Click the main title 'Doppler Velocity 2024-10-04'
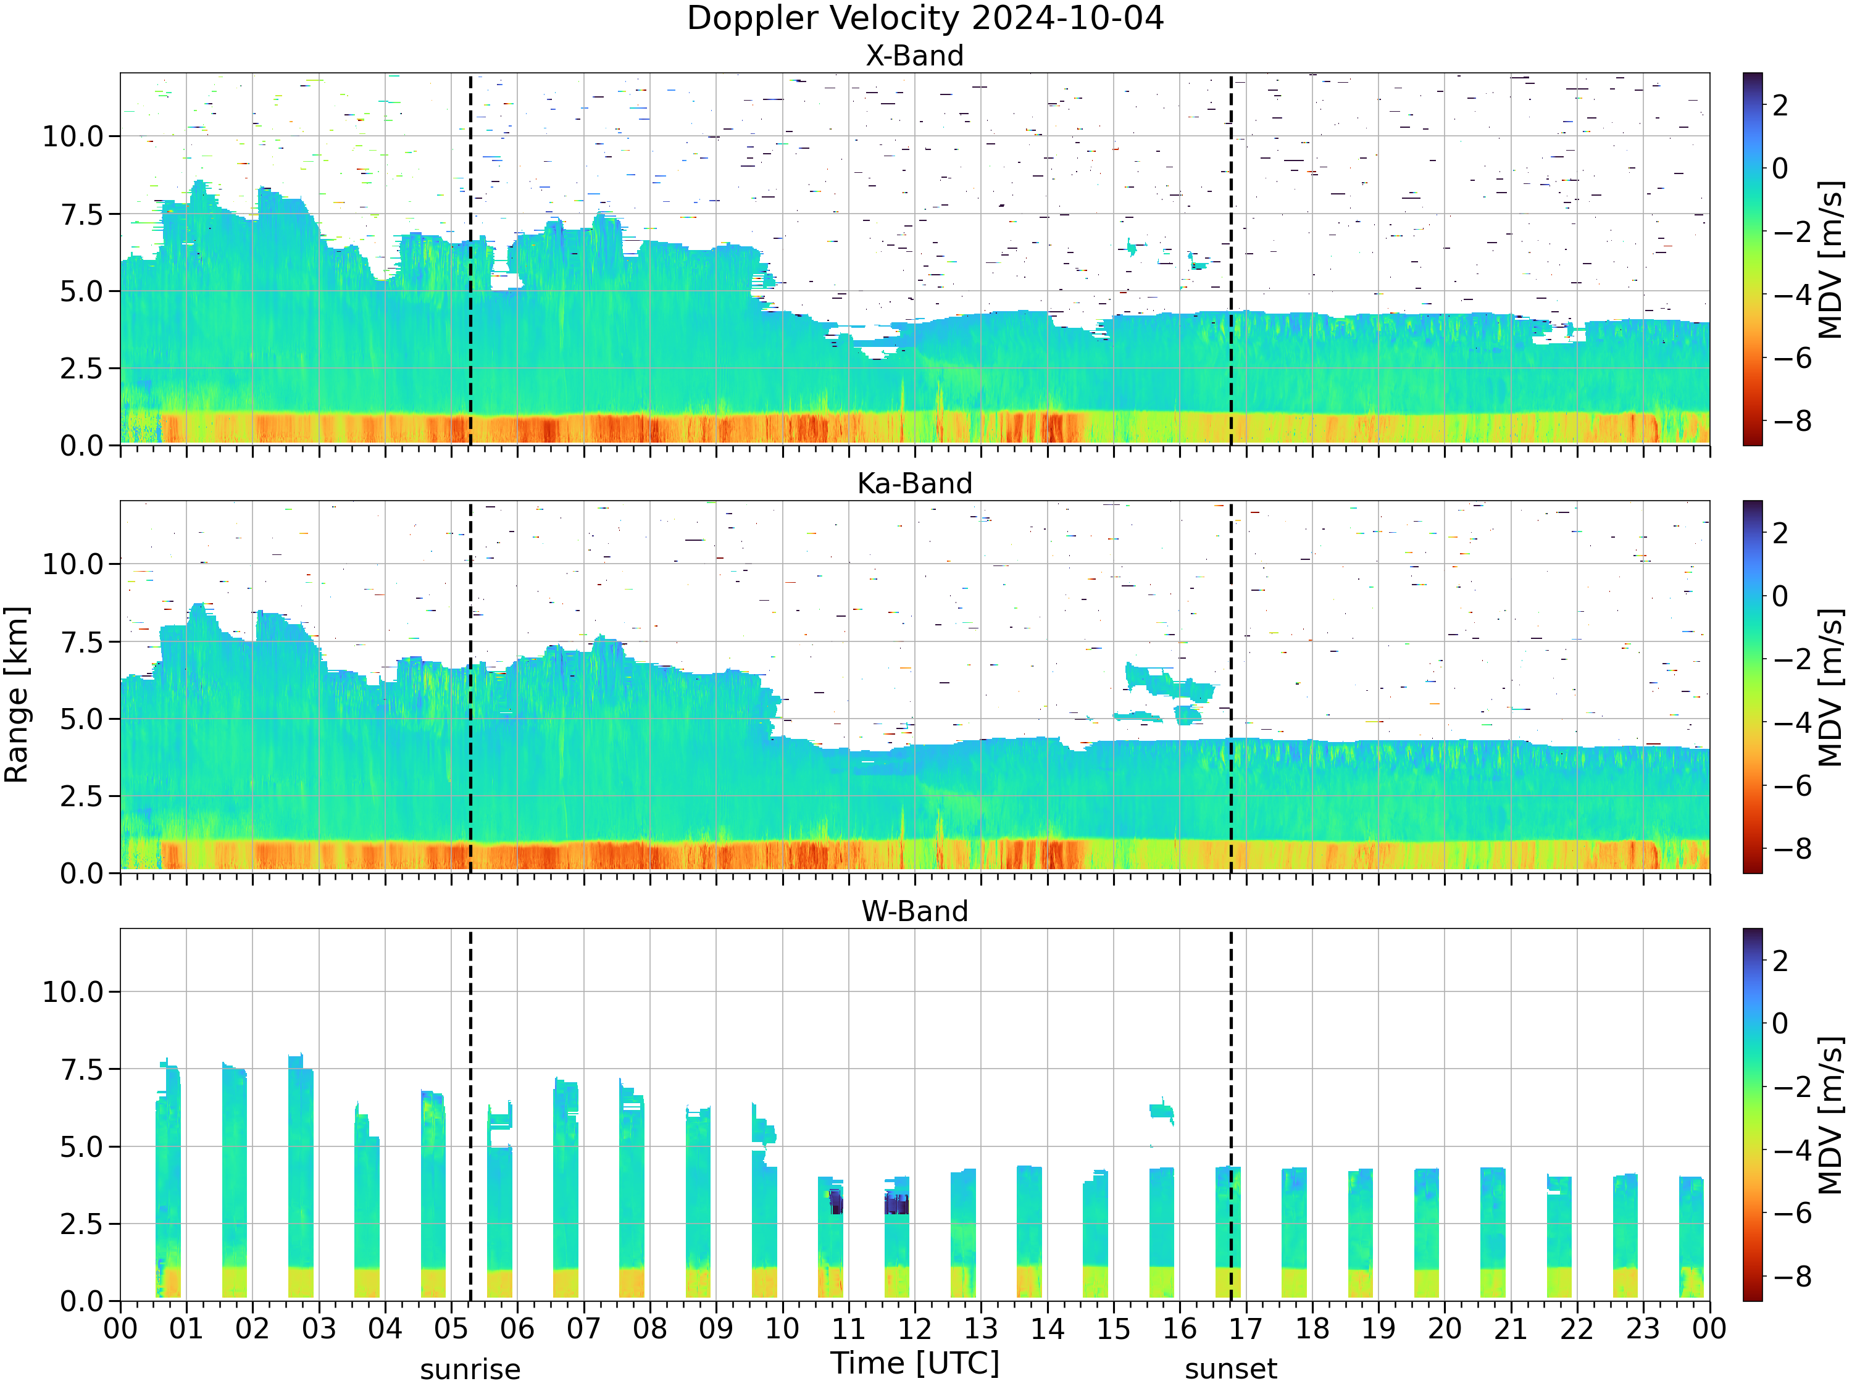(x=925, y=19)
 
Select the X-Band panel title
(x=914, y=56)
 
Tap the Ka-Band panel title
(x=914, y=483)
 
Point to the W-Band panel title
(x=914, y=911)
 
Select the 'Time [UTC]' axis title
(x=915, y=1363)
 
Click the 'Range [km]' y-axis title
(x=17, y=695)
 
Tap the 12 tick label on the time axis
(x=914, y=1329)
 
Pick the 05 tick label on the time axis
(x=451, y=1329)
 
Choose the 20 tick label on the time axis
(x=1445, y=1329)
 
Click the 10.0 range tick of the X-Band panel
(x=73, y=136)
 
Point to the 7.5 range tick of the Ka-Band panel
(x=83, y=642)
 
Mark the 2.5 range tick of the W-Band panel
(x=83, y=1225)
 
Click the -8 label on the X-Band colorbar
(x=1787, y=421)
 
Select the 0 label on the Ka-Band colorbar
(x=1780, y=596)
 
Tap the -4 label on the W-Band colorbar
(x=1787, y=1149)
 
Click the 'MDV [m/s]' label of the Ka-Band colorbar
(x=1831, y=686)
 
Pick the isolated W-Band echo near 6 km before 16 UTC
(x=1161, y=1111)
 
